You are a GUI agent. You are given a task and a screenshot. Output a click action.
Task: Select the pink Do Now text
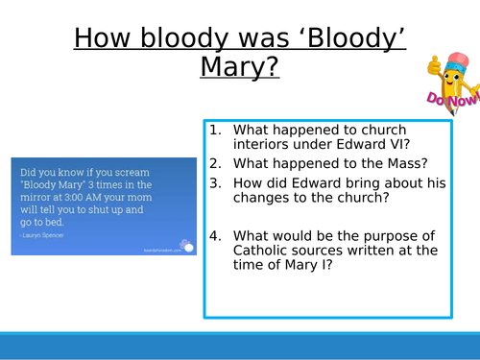[446, 99]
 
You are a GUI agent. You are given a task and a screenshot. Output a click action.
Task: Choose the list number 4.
[216, 233]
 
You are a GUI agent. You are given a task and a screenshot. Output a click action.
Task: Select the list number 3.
[216, 182]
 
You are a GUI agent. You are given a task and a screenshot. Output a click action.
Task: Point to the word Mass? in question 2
[393, 165]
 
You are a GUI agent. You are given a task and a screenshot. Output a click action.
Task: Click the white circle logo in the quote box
[188, 246]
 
